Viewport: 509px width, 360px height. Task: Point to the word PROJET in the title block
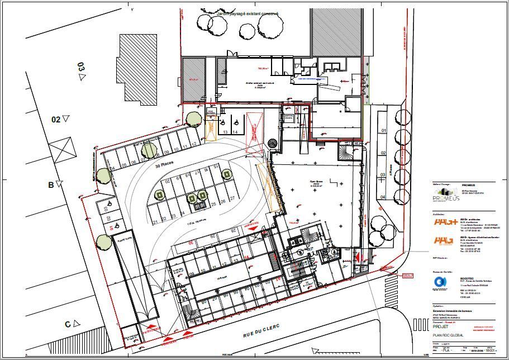click(441, 327)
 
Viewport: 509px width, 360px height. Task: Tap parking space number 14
click(235, 132)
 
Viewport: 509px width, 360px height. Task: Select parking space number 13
click(226, 132)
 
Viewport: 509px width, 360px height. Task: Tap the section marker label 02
click(56, 119)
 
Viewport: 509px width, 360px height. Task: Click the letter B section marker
click(51, 184)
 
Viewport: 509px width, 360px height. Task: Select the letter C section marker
click(68, 324)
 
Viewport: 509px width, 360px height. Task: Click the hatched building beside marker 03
click(140, 68)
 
